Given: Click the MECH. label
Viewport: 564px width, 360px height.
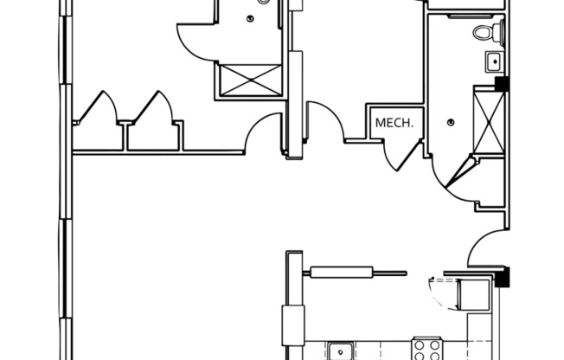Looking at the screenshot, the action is pos(394,123).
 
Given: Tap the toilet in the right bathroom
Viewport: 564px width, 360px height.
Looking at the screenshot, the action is pos(489,32).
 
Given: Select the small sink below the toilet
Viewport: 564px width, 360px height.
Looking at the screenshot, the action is pos(495,61).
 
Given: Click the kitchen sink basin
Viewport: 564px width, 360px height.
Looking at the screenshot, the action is pos(340,350).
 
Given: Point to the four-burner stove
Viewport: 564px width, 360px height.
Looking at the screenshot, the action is pos(427,350).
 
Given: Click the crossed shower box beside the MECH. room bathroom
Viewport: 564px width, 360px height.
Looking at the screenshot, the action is pos(490,123).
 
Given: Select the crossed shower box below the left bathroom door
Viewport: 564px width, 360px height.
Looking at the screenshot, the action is pos(250,80).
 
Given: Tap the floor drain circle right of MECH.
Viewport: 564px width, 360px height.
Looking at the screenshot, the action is pos(451,123).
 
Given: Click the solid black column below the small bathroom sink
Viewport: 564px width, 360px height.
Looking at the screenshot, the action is pos(502,84).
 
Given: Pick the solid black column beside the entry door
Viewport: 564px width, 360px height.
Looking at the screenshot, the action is pos(502,277).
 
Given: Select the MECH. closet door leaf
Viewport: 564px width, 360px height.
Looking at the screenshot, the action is pos(409,156).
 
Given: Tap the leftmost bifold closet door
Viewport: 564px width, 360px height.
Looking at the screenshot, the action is pos(98,106).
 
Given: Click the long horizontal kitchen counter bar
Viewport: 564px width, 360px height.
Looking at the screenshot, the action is pos(355,273).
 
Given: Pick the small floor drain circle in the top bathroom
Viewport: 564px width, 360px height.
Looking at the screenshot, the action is pos(250,19).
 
